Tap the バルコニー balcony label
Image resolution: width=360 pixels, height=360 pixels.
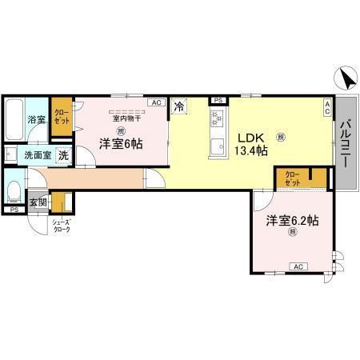point(345,143)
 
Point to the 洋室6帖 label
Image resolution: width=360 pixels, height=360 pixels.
point(121,144)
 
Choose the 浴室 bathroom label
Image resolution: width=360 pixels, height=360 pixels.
point(37,119)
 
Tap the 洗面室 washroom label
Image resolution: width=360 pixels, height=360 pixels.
point(36,156)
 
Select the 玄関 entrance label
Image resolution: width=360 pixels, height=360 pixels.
point(38,202)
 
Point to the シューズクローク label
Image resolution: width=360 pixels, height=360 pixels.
point(61,226)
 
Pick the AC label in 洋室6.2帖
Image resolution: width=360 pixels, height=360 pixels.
point(298,266)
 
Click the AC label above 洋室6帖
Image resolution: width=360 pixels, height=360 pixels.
point(156,102)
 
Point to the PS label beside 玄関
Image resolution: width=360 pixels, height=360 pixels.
point(14,210)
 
